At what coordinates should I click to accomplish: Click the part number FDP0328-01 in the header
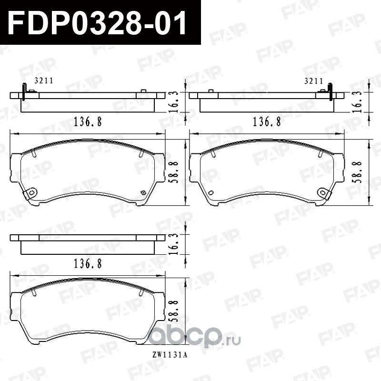tap(97, 22)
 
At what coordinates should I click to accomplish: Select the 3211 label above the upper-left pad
tap(43, 81)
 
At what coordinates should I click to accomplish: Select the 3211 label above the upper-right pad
tap(313, 81)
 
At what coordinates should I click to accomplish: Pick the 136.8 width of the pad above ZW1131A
tap(88, 262)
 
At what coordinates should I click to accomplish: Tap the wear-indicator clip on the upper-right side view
tap(331, 92)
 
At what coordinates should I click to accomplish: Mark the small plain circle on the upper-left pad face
tap(143, 192)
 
